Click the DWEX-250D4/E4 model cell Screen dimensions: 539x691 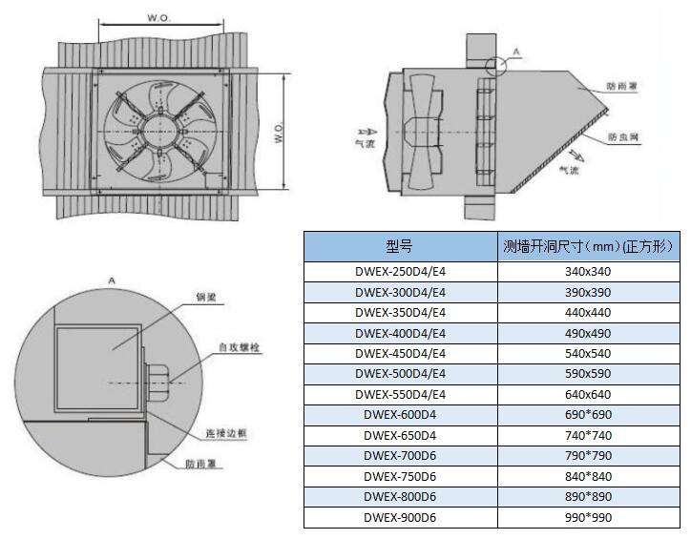pos(400,271)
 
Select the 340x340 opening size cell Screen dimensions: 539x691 pos(588,271)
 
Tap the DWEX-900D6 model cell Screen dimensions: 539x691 pos(400,518)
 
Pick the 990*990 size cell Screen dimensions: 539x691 pos(588,518)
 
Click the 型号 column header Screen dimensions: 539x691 pos(400,246)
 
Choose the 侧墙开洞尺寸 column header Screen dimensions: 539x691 pos(588,246)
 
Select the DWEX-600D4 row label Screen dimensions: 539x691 pos(400,415)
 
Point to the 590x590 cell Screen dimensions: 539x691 pos(588,374)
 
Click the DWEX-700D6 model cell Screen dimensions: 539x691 pos(400,456)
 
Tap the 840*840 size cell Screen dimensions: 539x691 pos(588,477)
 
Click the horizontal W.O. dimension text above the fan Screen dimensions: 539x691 pos(158,17)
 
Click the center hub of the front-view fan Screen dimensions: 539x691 pos(159,134)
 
